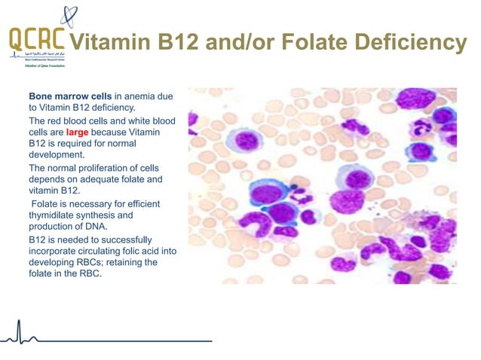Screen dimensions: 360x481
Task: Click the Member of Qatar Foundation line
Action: point(37,66)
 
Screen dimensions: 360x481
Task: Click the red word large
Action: point(77,132)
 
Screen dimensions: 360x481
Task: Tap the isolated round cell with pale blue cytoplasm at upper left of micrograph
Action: point(245,140)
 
